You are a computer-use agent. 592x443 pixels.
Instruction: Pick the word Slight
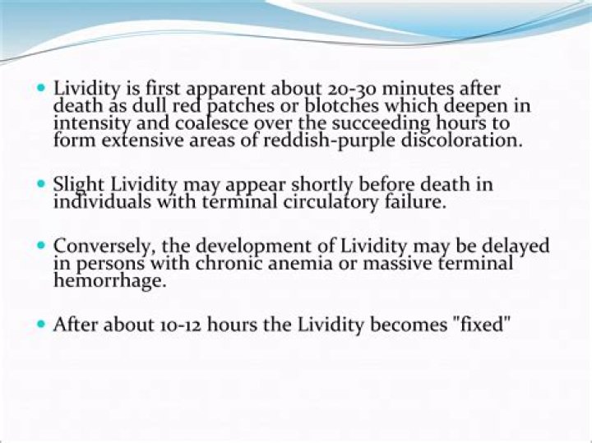point(78,186)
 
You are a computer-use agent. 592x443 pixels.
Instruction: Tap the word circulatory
point(331,203)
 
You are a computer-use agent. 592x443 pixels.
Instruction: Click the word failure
point(415,202)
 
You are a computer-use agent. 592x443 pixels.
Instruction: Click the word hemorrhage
point(110,281)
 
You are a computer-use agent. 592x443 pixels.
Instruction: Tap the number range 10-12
point(179,325)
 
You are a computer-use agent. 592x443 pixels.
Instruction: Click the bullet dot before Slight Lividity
point(42,184)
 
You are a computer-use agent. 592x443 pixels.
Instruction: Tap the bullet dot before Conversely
point(42,246)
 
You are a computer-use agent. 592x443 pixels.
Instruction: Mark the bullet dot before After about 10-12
point(42,324)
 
